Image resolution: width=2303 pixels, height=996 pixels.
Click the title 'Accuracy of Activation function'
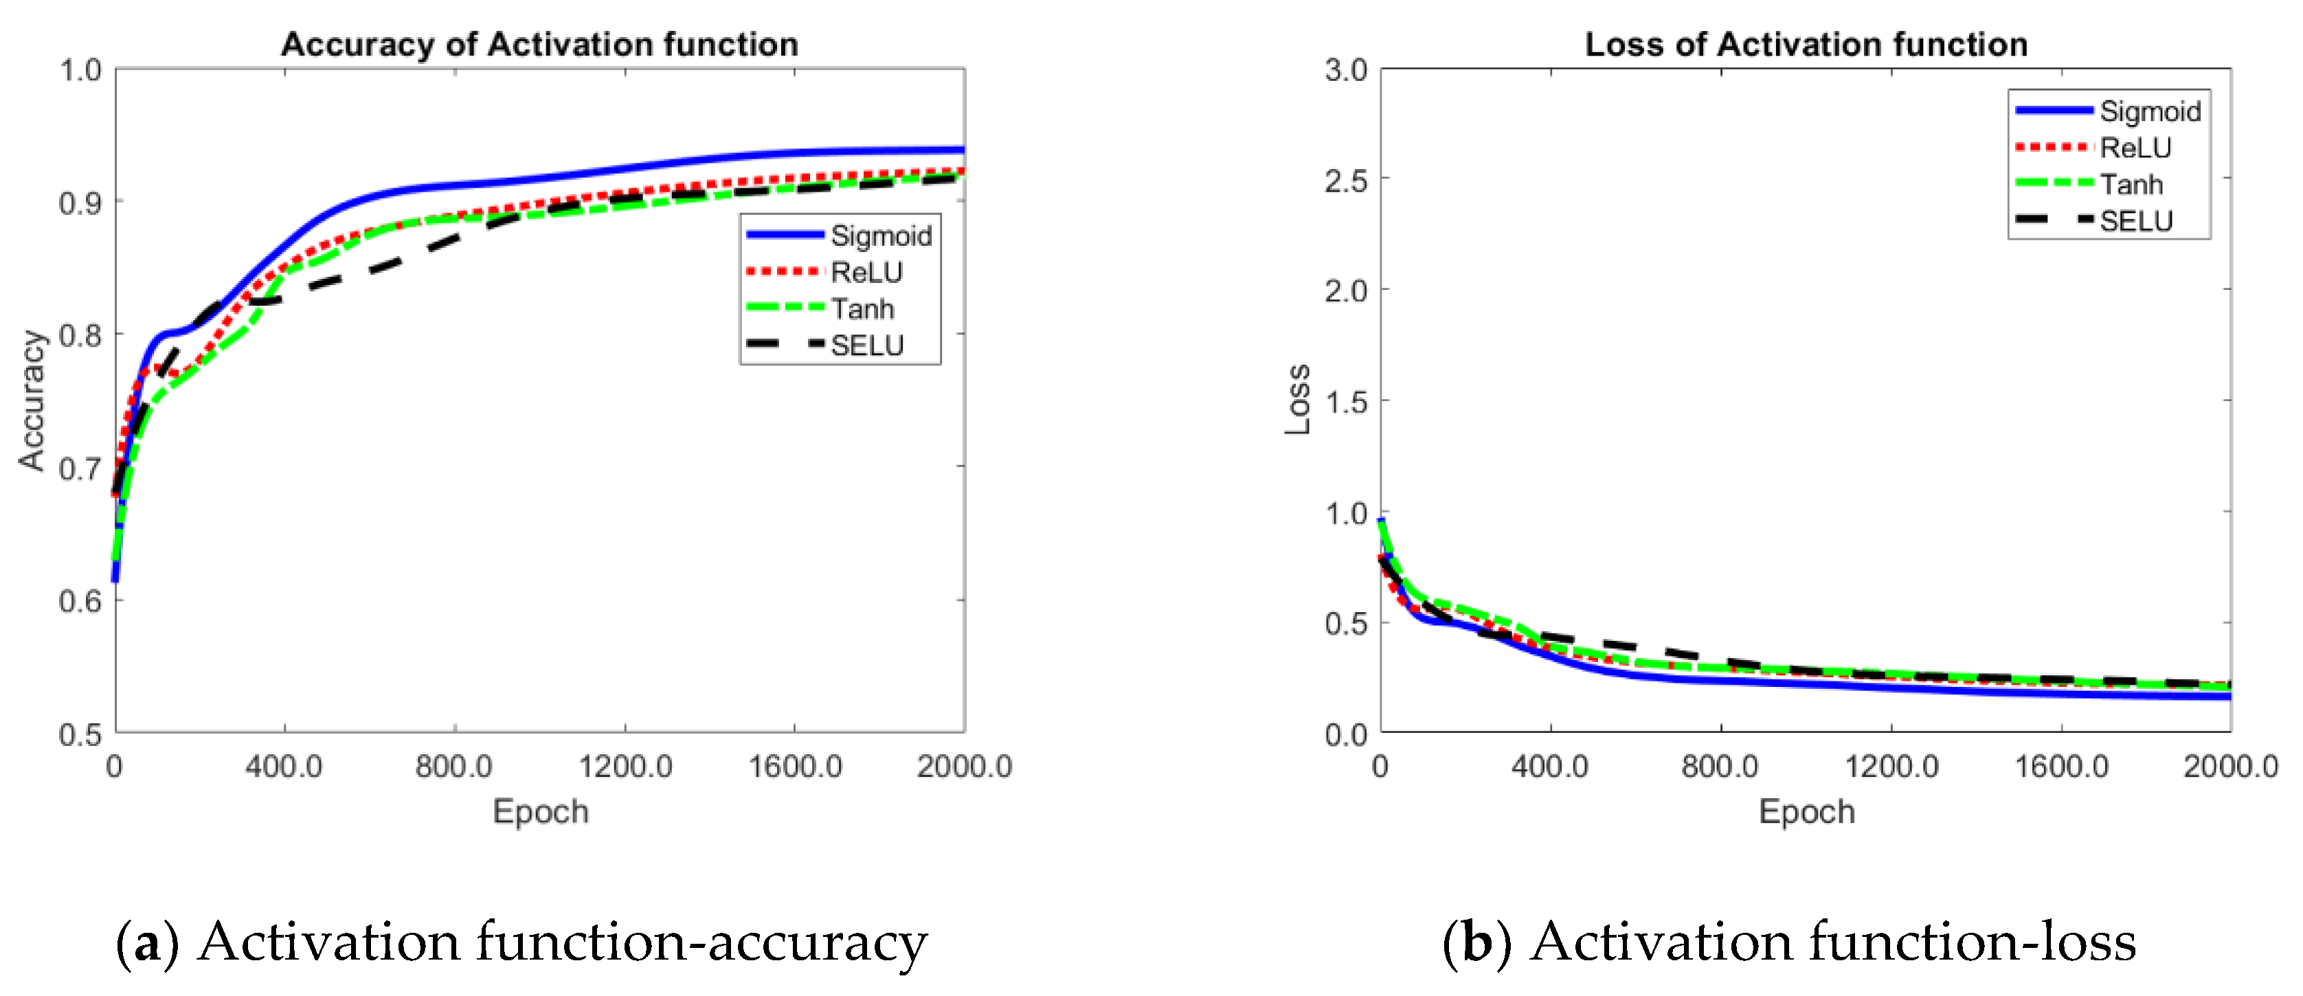tap(539, 44)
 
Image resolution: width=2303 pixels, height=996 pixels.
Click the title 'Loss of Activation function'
tap(1806, 44)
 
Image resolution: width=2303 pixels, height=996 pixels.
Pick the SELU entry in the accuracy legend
tap(866, 345)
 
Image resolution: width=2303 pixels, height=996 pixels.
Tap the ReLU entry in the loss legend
tap(2135, 148)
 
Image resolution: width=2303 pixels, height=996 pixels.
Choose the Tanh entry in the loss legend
tap(2131, 184)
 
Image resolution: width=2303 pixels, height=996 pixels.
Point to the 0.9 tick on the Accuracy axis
tap(80, 203)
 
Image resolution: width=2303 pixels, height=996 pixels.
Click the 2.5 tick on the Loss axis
tap(1345, 181)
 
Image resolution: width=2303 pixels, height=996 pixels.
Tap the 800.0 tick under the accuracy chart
tap(453, 766)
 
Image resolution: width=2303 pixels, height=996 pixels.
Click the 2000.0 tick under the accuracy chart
tap(964, 766)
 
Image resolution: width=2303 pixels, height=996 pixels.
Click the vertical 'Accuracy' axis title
tap(32, 400)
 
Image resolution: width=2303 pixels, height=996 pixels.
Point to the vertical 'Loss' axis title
tap(1298, 400)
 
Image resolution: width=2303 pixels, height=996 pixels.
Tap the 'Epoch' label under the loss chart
tap(1806, 812)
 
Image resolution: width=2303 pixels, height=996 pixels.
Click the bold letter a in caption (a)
tap(148, 943)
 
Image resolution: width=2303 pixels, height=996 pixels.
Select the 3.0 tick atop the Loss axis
tap(1345, 70)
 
